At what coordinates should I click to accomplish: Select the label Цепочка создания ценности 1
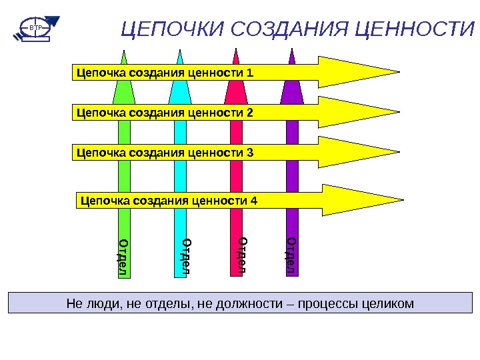(x=165, y=72)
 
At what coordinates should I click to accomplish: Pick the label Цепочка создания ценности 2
(x=165, y=113)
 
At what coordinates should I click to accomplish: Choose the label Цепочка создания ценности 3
(x=165, y=153)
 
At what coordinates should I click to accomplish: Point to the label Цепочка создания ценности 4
(x=168, y=200)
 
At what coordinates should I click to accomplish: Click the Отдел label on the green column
(x=123, y=257)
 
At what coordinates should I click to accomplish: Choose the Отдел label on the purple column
(x=291, y=255)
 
